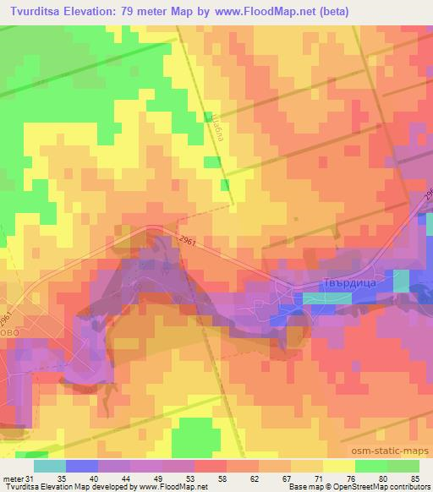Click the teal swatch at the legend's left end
point(50,465)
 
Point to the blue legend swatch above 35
point(80,465)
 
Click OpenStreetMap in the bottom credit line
point(348,487)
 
